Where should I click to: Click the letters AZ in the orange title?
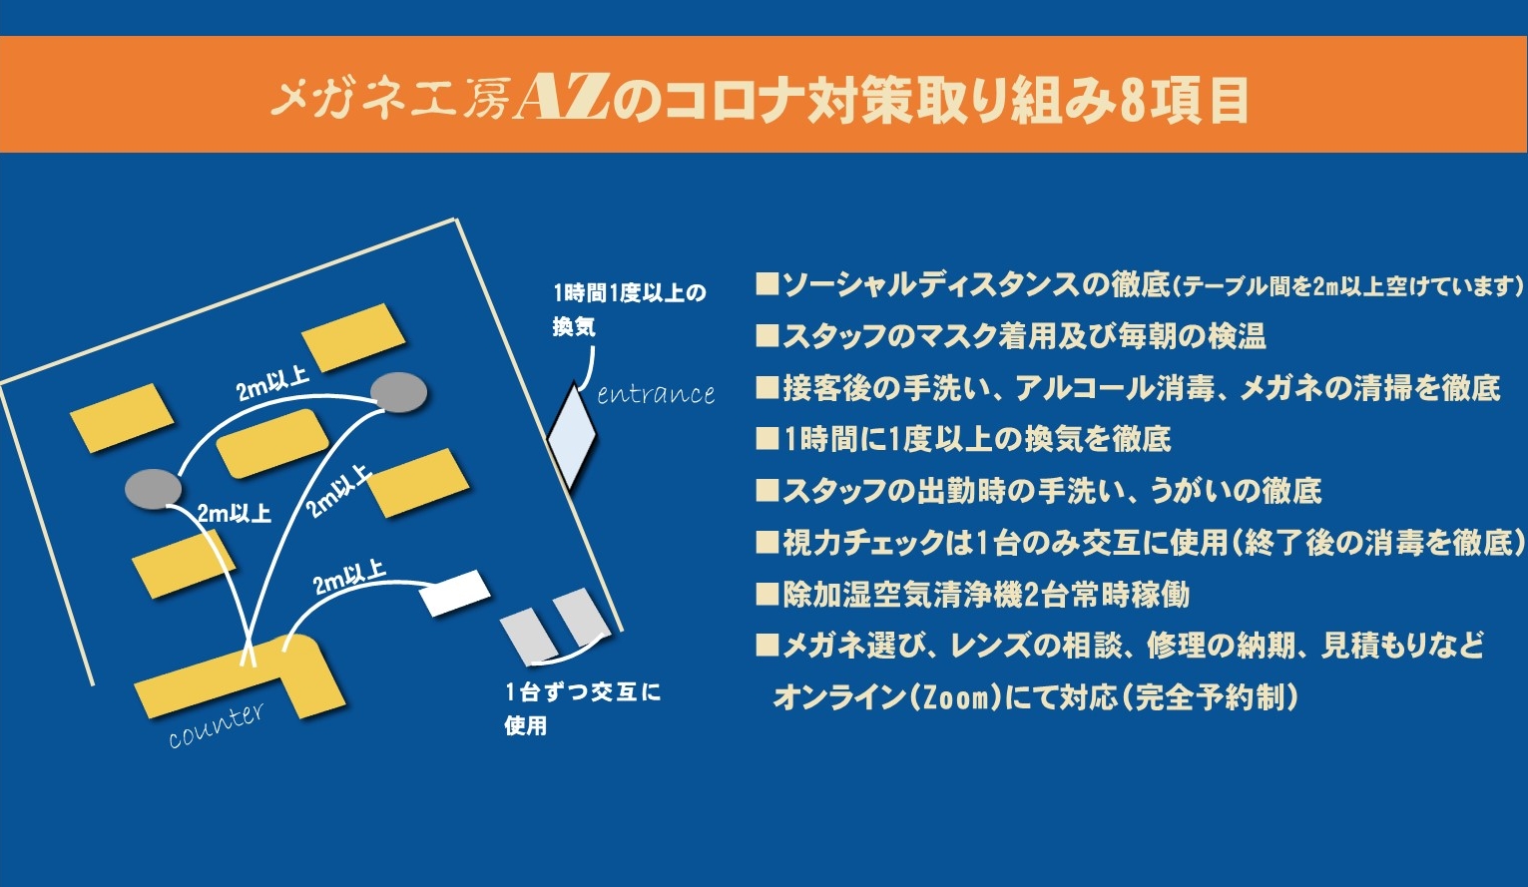pos(562,98)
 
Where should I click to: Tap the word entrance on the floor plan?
pos(656,394)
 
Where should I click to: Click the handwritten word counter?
pos(217,725)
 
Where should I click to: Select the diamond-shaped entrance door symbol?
pos(572,436)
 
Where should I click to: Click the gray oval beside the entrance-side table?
pos(398,393)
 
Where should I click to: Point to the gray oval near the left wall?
pos(154,489)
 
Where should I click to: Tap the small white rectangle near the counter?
pos(454,593)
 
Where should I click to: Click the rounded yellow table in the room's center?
pos(272,443)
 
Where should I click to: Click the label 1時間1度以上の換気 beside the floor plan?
pos(629,309)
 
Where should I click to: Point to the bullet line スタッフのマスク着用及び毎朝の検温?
pos(1011,336)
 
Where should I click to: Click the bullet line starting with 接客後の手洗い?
pos(1128,388)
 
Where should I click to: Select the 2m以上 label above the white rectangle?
pos(350,577)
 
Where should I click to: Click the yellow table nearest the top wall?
pos(353,337)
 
